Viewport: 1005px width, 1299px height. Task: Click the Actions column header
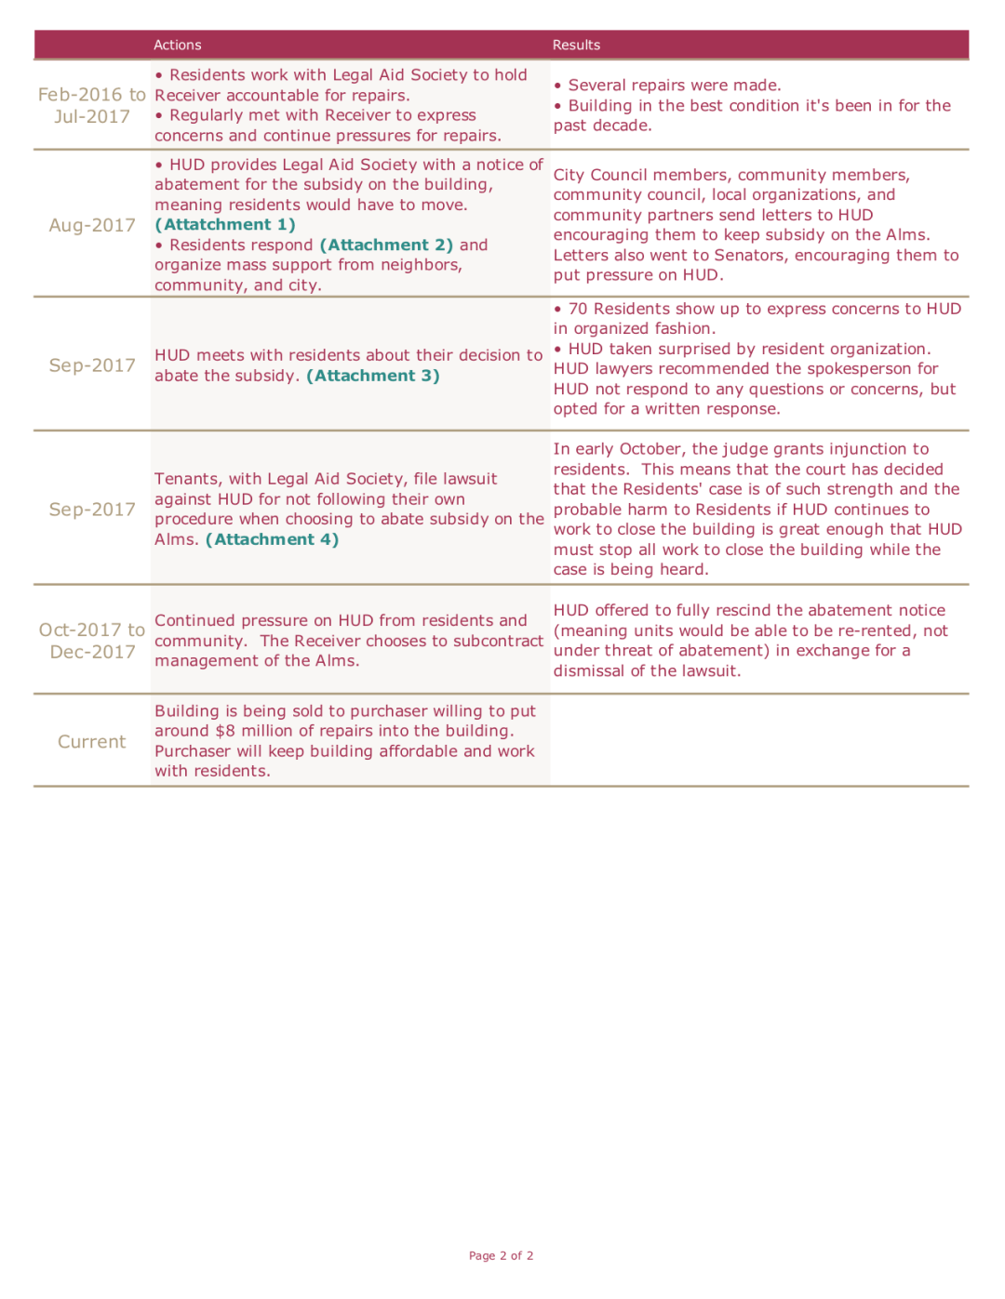177,45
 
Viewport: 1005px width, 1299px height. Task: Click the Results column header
576,45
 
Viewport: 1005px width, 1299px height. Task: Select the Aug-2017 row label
92,225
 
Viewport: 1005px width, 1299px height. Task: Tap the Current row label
91,742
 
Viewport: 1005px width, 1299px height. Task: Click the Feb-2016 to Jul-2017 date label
92,105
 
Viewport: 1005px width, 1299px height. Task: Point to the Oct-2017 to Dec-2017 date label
92,641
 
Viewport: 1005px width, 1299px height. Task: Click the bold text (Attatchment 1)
225,225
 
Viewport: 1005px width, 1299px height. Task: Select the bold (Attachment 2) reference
386,245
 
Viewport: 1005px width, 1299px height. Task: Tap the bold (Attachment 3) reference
373,376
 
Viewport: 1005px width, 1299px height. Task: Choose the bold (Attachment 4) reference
272,539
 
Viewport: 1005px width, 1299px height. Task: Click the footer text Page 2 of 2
502,1255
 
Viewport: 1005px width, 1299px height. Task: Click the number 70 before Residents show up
578,309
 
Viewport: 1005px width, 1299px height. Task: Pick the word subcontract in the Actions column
498,641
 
